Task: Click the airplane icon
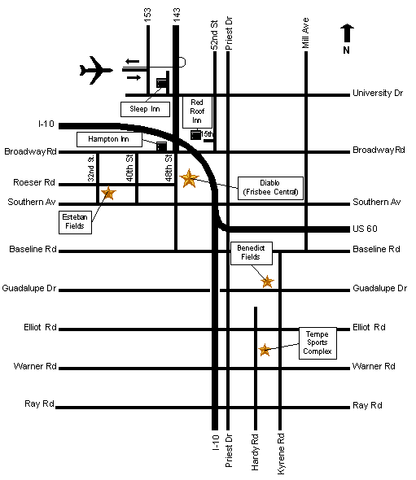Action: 95,70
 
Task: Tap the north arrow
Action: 347,33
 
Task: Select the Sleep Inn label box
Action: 145,109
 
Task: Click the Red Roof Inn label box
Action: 197,111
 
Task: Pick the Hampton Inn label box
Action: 109,139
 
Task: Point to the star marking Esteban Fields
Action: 108,193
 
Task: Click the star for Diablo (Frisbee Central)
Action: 189,178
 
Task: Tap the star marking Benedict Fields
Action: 267,281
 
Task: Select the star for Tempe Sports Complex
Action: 265,350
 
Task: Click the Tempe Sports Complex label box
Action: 317,343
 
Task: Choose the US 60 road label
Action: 365,229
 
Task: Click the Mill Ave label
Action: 305,33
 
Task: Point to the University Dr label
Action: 378,93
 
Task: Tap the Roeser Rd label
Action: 34,182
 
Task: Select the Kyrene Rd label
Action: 281,454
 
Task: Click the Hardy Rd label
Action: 255,452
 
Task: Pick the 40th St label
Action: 129,168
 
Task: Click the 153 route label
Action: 147,15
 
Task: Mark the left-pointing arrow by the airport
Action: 132,62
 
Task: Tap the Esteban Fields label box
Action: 75,222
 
